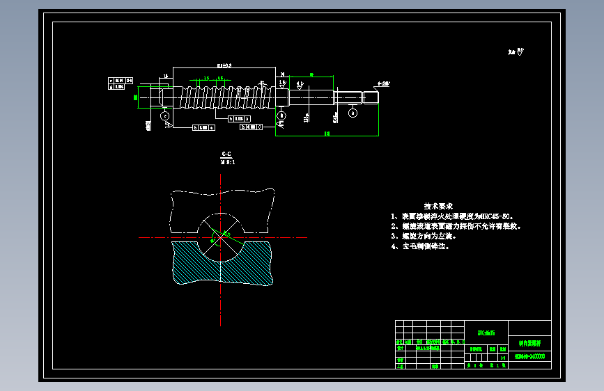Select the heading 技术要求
[x=438, y=207]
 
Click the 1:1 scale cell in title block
[x=502, y=358]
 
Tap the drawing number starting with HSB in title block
[x=529, y=356]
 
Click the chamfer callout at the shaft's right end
[x=383, y=83]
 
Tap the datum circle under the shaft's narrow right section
[x=353, y=113]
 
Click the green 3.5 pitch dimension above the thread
[x=207, y=79]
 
